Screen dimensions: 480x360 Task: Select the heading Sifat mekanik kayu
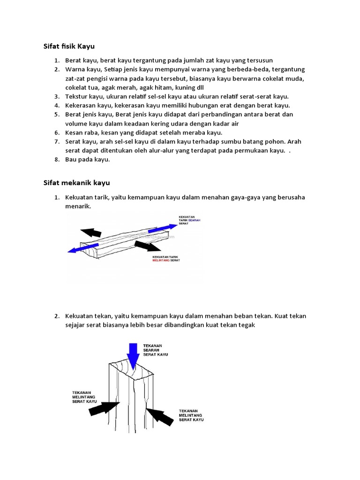coord(76,182)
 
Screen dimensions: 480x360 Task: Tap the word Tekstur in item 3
coord(76,97)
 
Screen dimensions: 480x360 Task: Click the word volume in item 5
coord(76,123)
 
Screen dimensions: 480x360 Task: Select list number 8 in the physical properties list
coord(56,159)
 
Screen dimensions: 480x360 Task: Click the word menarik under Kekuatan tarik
coord(78,206)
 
